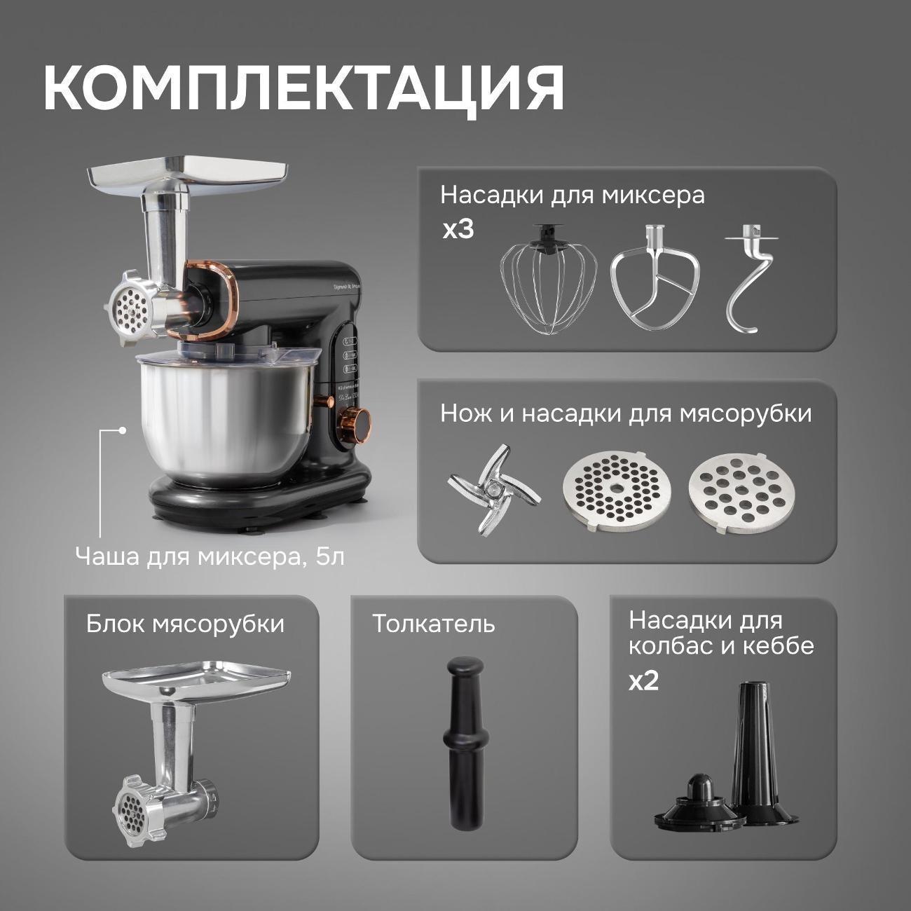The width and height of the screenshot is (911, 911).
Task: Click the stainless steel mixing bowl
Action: (x=224, y=413)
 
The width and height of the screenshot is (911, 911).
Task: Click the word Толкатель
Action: (x=433, y=623)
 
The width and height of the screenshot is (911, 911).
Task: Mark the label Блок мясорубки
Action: (x=185, y=623)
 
